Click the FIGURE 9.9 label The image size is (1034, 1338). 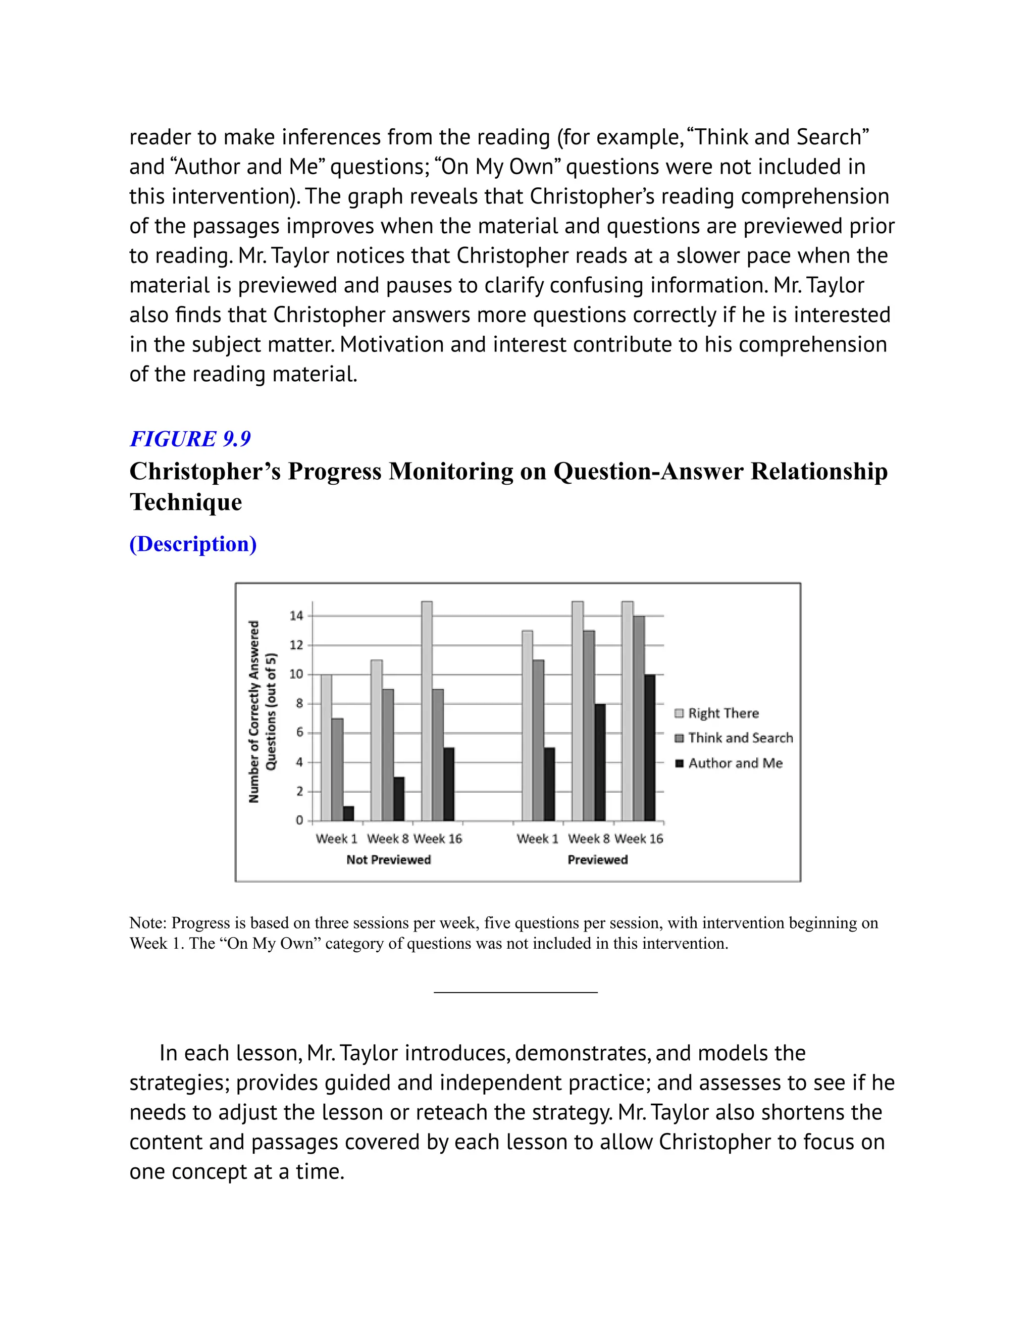pos(190,439)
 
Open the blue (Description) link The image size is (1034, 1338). pos(193,543)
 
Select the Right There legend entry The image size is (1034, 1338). pos(723,713)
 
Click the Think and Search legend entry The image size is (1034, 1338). pos(740,738)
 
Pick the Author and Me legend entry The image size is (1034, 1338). pos(735,763)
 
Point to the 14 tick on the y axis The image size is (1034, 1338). pos(296,615)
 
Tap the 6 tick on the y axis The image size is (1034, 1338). pos(299,733)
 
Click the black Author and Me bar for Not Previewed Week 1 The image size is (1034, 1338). pos(348,813)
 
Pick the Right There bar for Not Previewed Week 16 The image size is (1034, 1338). pos(427,711)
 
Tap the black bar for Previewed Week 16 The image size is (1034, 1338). pos(650,747)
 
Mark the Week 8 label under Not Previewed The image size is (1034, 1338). pos(387,839)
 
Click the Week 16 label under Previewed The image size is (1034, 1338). pos(639,839)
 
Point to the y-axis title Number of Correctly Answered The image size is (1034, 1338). pos(253,711)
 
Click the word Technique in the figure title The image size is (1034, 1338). pos(186,502)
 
